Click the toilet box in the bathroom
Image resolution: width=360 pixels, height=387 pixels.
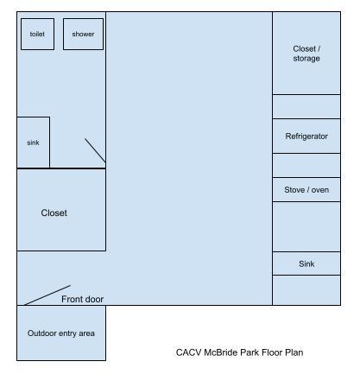37,34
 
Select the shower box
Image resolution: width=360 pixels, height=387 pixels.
83,34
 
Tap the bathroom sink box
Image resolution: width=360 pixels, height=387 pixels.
33,143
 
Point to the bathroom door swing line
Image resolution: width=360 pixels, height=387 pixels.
95,150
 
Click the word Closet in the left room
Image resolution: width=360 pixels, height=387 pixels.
54,213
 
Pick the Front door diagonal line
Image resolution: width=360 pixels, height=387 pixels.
47,295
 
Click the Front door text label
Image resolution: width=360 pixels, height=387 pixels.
82,299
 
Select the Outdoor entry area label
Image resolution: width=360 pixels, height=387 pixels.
61,333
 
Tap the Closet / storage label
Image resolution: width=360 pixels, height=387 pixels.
306,54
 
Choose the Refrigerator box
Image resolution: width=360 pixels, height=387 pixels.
306,136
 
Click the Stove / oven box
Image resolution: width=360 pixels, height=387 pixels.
306,190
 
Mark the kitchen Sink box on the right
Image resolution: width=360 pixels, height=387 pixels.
306,263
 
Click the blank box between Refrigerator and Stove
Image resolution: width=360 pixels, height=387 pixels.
306,165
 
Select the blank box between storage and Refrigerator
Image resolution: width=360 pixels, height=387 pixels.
306,106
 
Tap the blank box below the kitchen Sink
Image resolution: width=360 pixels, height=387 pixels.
306,290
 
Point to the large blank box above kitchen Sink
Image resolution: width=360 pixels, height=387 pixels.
306,227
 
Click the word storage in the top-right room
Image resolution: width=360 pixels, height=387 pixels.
306,59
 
